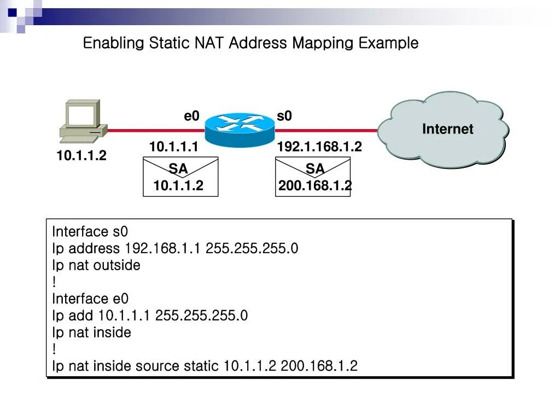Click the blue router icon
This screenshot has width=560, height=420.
240,129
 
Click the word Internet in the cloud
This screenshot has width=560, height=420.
447,129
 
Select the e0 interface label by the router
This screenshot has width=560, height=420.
191,116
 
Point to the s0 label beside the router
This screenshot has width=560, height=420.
284,116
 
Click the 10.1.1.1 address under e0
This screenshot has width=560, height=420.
173,147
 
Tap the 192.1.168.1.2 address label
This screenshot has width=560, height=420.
319,147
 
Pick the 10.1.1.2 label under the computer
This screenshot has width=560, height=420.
81,156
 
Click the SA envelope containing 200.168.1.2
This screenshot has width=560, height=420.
313,177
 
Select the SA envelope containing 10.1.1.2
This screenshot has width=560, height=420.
180,177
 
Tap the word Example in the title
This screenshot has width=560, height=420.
388,43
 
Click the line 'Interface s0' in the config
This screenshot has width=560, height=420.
90,232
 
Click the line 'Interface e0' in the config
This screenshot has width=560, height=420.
90,299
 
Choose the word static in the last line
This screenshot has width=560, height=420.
201,366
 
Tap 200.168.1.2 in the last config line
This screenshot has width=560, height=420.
319,366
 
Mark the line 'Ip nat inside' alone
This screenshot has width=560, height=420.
91,332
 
